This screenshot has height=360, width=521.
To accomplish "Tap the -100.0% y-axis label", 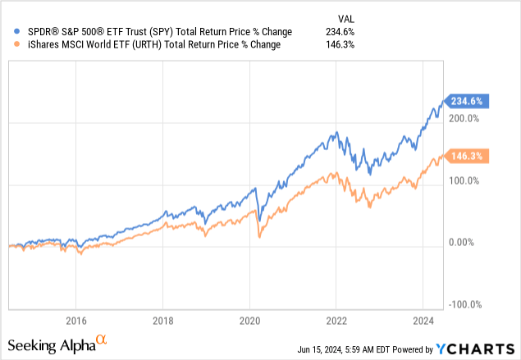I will [466, 304].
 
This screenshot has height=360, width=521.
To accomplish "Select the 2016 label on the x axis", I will [75, 320].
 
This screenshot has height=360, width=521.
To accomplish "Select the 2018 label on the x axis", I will [163, 320].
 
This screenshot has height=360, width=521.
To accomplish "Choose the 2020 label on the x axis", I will [250, 320].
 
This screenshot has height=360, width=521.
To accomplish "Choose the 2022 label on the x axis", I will [337, 320].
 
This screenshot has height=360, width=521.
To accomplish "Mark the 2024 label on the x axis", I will [424, 320].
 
